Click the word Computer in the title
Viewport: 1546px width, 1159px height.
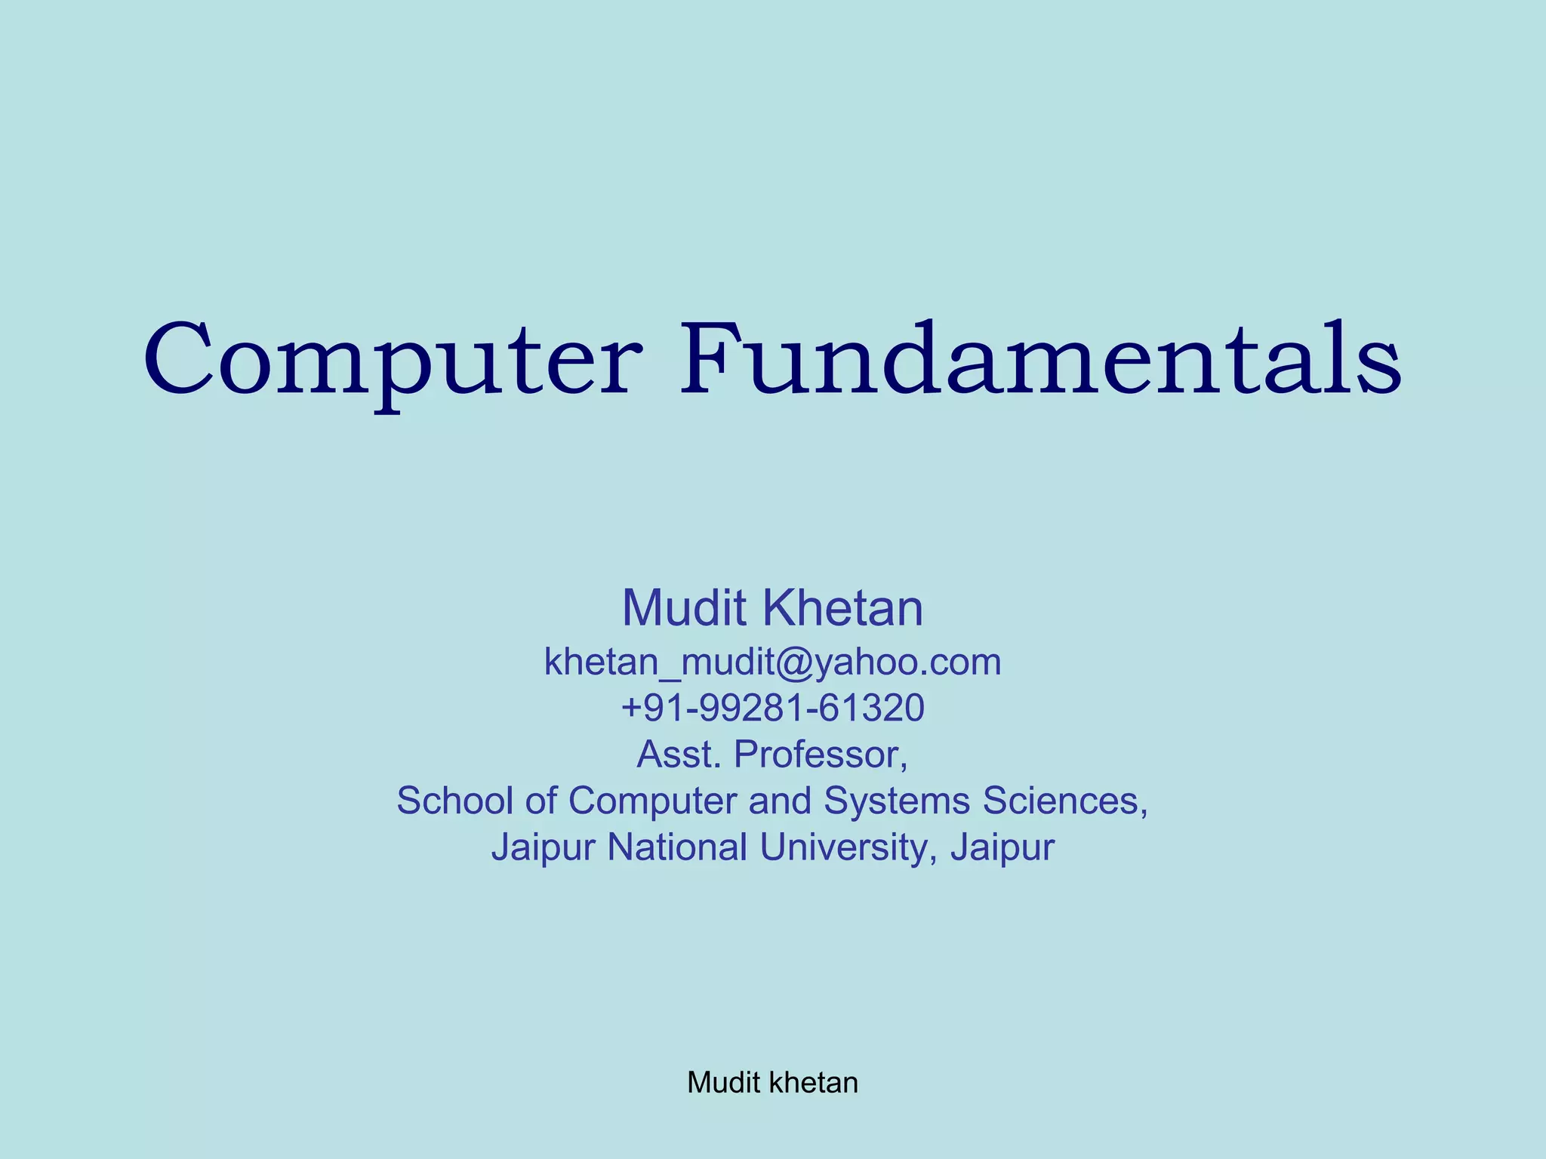(393, 361)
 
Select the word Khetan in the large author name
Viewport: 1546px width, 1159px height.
(842, 608)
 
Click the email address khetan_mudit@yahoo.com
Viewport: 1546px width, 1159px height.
(772, 663)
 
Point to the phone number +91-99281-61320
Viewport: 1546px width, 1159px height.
(772, 709)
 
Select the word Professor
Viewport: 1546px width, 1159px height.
(821, 755)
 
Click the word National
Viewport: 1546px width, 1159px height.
(677, 847)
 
